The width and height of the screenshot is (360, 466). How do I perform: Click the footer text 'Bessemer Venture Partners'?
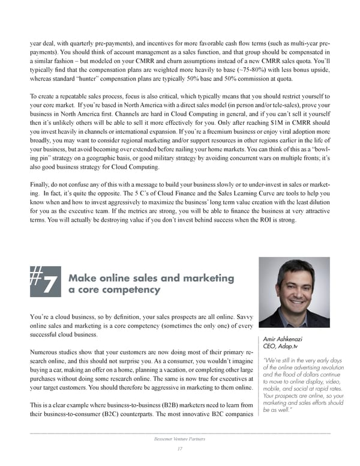click(179, 440)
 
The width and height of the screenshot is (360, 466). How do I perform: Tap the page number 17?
click(179, 450)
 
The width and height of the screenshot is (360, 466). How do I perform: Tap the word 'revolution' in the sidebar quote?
click(328, 368)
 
